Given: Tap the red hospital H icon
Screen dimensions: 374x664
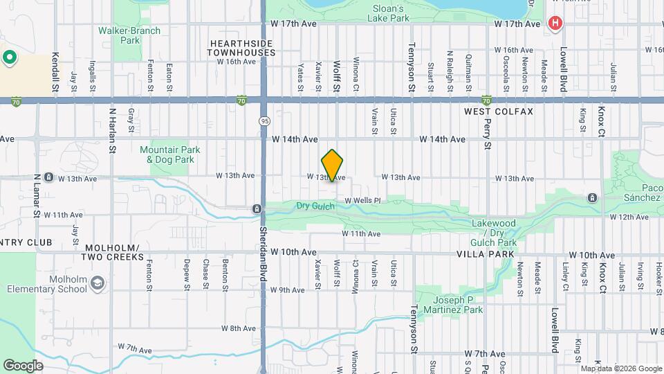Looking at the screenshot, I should (554, 24).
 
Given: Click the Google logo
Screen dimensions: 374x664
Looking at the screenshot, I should (23, 365).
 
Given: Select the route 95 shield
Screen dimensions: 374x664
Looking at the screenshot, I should (265, 121).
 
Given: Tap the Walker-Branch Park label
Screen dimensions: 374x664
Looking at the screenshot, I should (129, 35).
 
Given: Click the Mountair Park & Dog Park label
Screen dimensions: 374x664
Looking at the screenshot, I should (170, 154).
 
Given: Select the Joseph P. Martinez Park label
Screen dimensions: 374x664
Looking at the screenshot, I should (458, 305).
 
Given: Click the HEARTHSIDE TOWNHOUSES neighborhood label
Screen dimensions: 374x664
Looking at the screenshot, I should (241, 48).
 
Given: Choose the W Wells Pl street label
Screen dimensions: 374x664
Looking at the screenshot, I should (359, 200).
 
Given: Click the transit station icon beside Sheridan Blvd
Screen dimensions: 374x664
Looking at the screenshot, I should (257, 208).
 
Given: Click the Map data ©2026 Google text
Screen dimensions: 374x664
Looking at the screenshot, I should (620, 368).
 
